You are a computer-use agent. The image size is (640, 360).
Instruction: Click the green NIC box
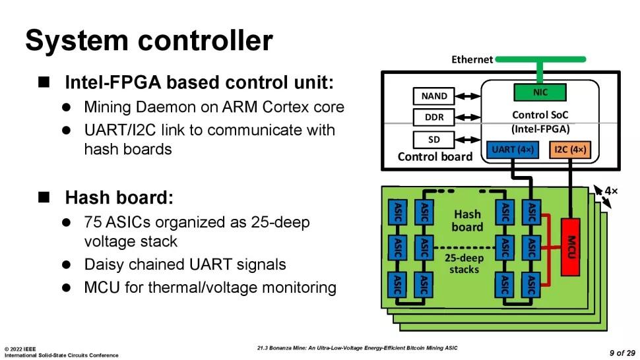click(x=540, y=92)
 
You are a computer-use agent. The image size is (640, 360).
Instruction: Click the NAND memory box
click(x=433, y=96)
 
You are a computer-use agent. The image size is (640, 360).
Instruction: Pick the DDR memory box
click(x=433, y=118)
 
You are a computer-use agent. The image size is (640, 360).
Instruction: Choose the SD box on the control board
click(x=433, y=140)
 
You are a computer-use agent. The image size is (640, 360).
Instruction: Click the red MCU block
click(x=571, y=247)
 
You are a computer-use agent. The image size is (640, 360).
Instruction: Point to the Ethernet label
click(x=472, y=59)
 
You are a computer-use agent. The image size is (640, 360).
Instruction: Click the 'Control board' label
click(x=435, y=157)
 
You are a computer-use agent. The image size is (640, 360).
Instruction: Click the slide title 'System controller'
click(x=148, y=41)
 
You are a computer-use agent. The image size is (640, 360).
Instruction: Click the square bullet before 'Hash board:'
click(x=44, y=197)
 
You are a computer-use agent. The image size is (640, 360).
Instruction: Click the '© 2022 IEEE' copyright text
click(x=21, y=348)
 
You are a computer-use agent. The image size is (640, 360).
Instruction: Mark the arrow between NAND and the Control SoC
click(x=468, y=96)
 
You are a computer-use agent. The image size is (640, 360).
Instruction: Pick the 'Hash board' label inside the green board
click(x=467, y=221)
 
